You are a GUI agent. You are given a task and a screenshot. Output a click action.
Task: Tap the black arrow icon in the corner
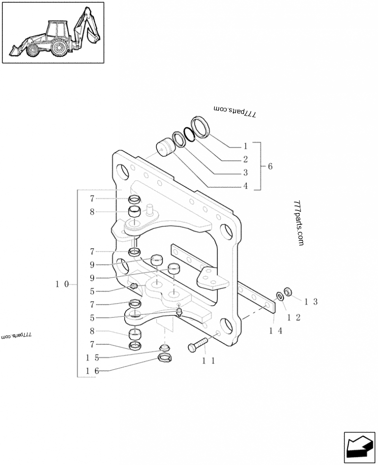(360, 447)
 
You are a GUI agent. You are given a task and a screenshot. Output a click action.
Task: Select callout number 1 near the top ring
(245, 146)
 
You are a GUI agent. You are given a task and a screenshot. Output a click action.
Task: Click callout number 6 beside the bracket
(270, 166)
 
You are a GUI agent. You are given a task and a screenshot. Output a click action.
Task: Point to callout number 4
(245, 186)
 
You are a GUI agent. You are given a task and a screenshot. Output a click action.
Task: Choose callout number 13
(311, 301)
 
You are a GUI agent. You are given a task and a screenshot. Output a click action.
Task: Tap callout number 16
(92, 371)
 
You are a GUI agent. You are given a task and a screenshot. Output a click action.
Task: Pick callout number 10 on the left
(62, 284)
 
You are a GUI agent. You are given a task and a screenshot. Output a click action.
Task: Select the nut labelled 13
(287, 291)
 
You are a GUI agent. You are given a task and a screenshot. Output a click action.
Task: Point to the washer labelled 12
(279, 296)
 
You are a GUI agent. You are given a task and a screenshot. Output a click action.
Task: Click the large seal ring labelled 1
(202, 127)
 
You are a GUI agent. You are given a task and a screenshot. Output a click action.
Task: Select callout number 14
(275, 331)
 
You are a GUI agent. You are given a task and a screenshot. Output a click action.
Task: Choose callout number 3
(245, 173)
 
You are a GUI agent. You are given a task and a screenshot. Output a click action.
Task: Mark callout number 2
(245, 160)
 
